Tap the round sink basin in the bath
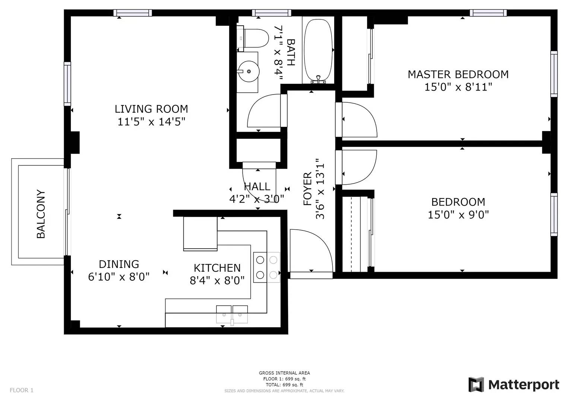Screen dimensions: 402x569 [249, 71]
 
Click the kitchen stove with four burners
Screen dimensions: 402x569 [267, 267]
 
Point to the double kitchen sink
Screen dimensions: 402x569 [232, 314]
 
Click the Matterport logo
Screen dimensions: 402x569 [514, 385]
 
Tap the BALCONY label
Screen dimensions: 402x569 [41, 214]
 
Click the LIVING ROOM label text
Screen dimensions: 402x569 [151, 109]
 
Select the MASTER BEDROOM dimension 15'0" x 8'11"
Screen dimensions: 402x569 [458, 87]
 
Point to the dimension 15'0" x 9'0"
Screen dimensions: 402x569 [458, 215]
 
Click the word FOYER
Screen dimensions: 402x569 [307, 189]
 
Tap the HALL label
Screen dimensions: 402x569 [257, 186]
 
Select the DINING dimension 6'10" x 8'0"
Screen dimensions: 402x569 [119, 277]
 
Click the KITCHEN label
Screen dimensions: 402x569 [217, 268]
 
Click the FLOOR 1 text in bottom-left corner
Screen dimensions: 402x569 [22, 390]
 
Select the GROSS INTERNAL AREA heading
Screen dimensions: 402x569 [284, 373]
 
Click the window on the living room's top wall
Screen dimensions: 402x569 [133, 13]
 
